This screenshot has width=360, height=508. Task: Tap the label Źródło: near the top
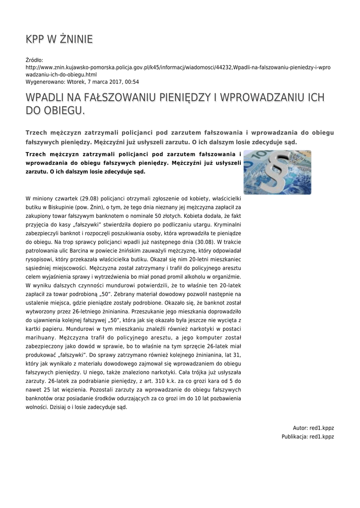34,60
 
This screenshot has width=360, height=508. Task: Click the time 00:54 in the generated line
132,82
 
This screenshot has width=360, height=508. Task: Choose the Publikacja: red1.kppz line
307,437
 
